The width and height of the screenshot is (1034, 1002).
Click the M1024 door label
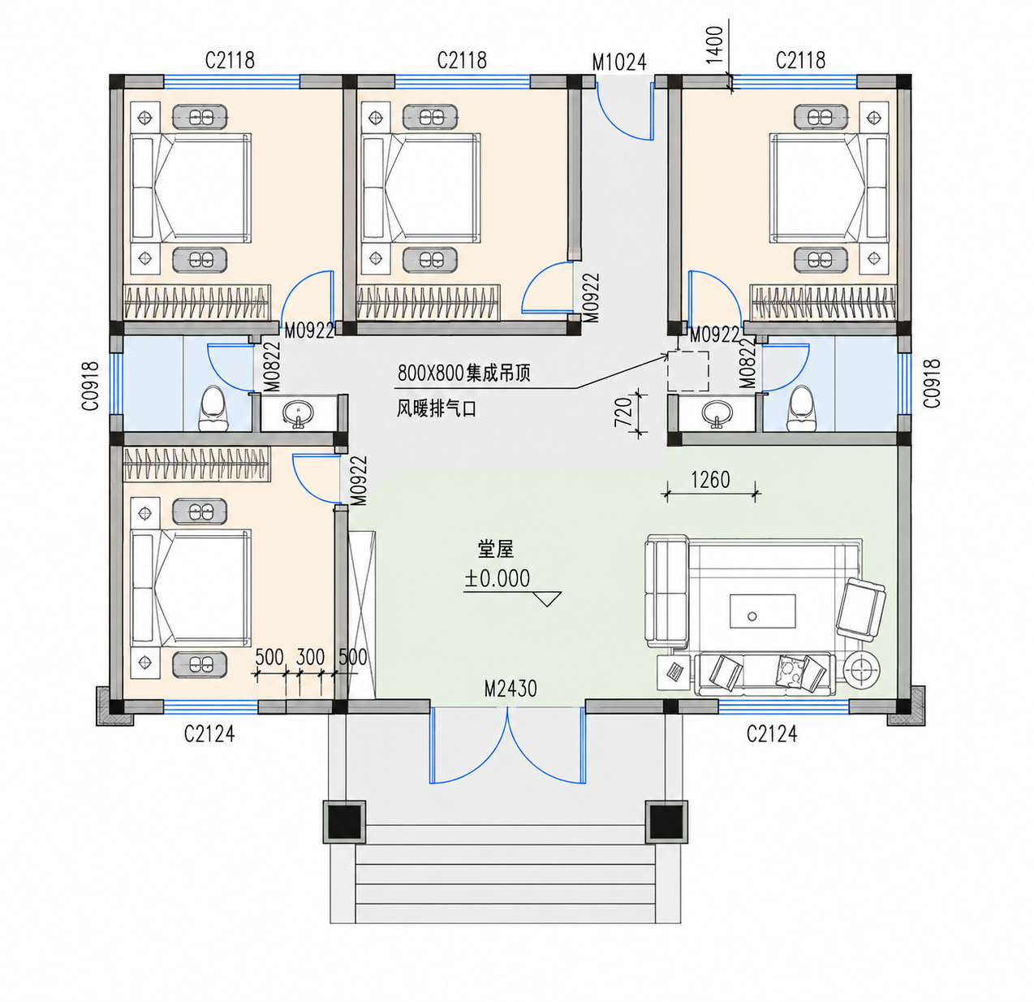pyautogui.click(x=619, y=63)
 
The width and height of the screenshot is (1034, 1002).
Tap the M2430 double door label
pyautogui.click(x=510, y=689)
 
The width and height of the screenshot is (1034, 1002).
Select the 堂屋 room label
pyautogui.click(x=496, y=549)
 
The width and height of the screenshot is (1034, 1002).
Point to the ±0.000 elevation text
pyautogui.click(x=497, y=578)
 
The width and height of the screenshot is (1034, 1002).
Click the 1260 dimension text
pyautogui.click(x=710, y=480)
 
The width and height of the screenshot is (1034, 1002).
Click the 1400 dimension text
pyautogui.click(x=716, y=45)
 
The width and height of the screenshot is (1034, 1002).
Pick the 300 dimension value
pyautogui.click(x=310, y=658)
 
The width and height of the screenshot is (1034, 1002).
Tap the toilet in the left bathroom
pyautogui.click(x=213, y=408)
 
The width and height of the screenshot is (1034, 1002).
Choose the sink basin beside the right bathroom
pyautogui.click(x=717, y=413)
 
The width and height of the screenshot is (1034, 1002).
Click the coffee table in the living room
pyautogui.click(x=762, y=611)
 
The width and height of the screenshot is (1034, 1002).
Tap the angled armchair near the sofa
pyautogui.click(x=861, y=610)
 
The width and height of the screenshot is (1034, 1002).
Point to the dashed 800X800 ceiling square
pyautogui.click(x=688, y=371)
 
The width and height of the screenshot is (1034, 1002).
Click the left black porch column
pyautogui.click(x=344, y=822)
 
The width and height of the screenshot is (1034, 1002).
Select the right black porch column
pyautogui.click(x=666, y=822)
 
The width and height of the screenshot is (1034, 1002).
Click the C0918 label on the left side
pyautogui.click(x=90, y=386)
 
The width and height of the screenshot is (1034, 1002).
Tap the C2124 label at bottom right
pyautogui.click(x=772, y=734)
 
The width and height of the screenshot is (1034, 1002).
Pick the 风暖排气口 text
pyautogui.click(x=436, y=409)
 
